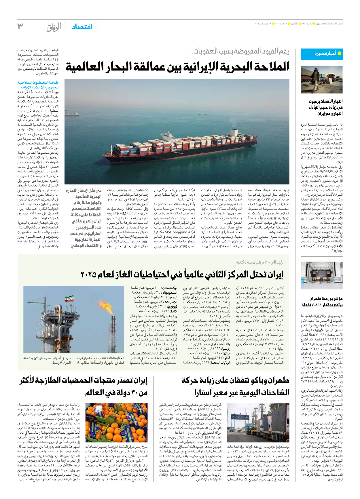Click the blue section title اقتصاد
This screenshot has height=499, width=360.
point(82,27)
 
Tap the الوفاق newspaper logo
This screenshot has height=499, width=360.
point(54,27)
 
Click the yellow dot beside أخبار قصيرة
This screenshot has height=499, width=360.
point(339,53)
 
